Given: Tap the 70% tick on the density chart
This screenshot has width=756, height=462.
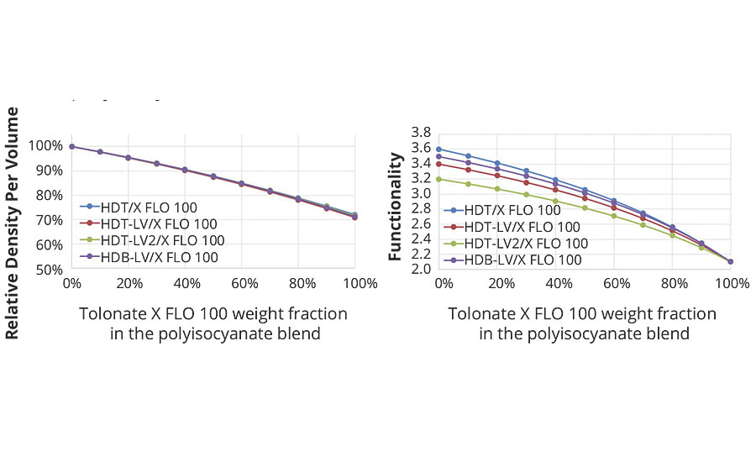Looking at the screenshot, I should [50, 220].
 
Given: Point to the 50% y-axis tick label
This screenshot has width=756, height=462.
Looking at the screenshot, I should [50, 270].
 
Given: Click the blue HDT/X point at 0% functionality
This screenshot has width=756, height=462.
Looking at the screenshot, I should [438, 150].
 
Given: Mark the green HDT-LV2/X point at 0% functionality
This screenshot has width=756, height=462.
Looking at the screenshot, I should [438, 179].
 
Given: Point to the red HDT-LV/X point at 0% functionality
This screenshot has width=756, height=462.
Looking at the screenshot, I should [438, 164].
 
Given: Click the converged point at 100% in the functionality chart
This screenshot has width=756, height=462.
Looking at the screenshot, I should [730, 261].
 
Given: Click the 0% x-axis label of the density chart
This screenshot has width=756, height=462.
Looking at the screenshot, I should [72, 283].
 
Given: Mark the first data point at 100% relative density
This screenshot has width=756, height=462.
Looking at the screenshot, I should [72, 146].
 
